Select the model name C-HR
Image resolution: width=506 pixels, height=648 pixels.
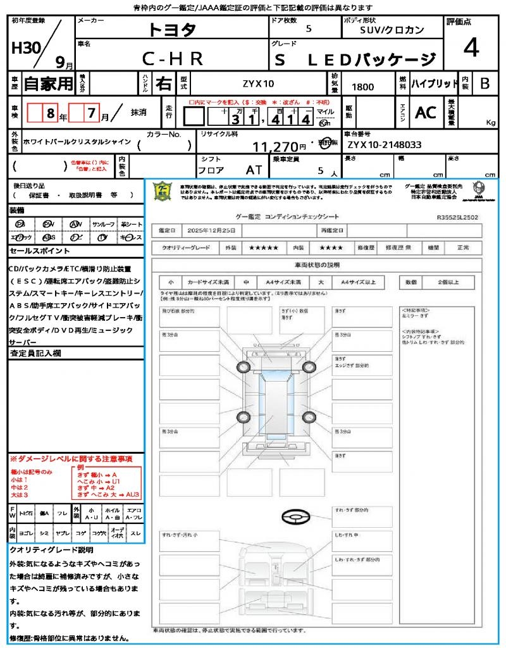tap(172, 59)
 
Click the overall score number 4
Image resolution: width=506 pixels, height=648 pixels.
tap(470, 48)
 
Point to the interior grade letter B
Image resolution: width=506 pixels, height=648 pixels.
tap(484, 84)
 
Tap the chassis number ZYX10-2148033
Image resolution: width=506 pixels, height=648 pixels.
tap(383, 145)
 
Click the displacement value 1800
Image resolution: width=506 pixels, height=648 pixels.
tap(362, 87)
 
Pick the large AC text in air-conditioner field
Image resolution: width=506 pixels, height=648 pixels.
tap(425, 113)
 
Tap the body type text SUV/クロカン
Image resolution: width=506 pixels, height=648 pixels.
tap(392, 30)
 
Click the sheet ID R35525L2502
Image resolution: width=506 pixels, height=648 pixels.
tap(457, 216)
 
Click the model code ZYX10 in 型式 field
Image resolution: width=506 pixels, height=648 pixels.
tap(259, 84)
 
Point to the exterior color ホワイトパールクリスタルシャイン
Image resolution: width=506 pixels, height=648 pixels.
tap(77, 142)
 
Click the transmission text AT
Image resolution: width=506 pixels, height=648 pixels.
tap(254, 170)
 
